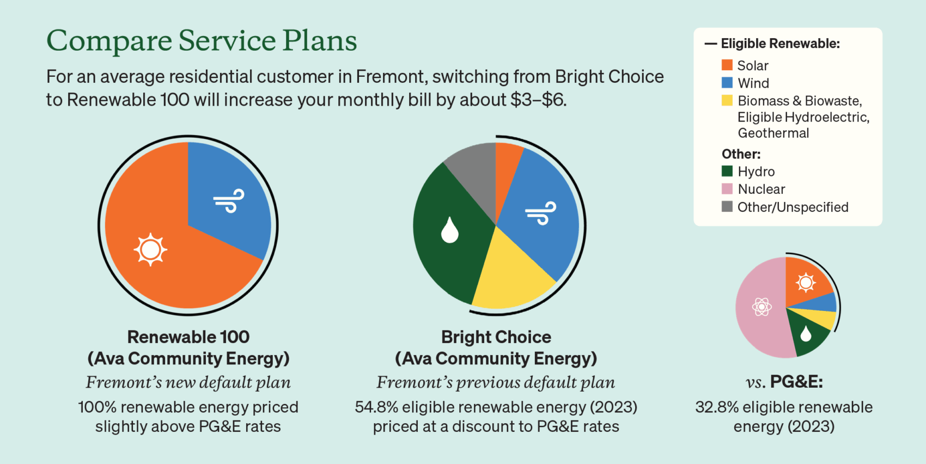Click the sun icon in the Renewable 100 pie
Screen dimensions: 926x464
click(150, 249)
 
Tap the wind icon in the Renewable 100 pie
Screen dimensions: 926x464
click(229, 201)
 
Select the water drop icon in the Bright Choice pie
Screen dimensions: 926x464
click(450, 230)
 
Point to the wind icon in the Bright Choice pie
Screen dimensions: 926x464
click(541, 213)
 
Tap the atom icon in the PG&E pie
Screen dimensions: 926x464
click(762, 307)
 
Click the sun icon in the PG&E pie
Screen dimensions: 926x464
click(806, 283)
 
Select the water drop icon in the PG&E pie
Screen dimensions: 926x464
click(806, 333)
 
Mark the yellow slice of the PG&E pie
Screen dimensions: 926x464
click(817, 318)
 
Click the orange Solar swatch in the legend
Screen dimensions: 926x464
click(727, 65)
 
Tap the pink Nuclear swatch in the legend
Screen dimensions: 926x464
click(727, 189)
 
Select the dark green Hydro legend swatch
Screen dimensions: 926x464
click(727, 171)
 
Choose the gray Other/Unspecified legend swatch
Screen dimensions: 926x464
click(727, 206)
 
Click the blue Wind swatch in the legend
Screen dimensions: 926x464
click(727, 83)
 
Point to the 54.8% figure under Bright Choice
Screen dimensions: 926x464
click(376, 407)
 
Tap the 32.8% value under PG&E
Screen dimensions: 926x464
click(716, 407)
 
